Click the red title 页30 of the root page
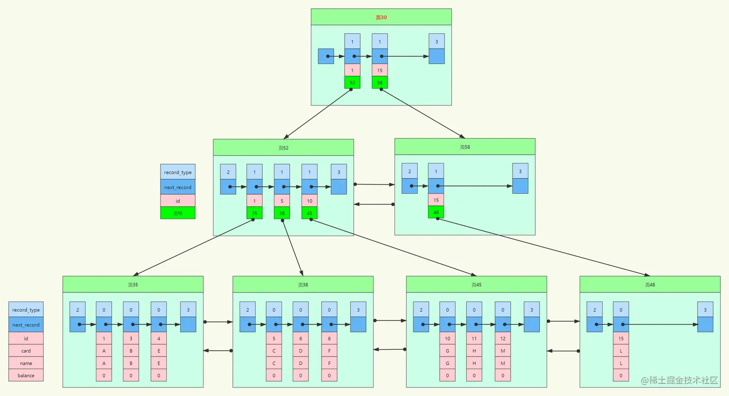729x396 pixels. tap(381, 17)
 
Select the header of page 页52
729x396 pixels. tap(283, 148)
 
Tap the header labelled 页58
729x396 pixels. tap(465, 147)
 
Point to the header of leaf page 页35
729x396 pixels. tap(133, 285)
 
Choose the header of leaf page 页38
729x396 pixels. tap(303, 285)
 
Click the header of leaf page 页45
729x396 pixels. tap(476, 285)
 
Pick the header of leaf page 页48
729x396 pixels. tap(650, 285)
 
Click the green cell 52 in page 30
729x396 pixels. tap(352, 82)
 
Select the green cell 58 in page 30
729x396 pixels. tap(380, 82)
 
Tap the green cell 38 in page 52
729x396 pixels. tap(282, 213)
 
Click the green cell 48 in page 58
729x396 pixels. tap(436, 212)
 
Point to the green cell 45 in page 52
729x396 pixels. tap(310, 213)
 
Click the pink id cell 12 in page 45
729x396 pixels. tap(503, 339)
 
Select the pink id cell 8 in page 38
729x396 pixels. tap(329, 339)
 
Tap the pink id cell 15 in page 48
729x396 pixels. tap(621, 339)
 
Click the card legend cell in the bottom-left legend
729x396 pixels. tap(26, 351)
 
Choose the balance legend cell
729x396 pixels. tap(26, 375)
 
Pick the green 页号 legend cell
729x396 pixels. tap(178, 213)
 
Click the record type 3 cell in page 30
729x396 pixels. tap(437, 41)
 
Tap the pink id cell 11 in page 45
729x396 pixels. tap(474, 339)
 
